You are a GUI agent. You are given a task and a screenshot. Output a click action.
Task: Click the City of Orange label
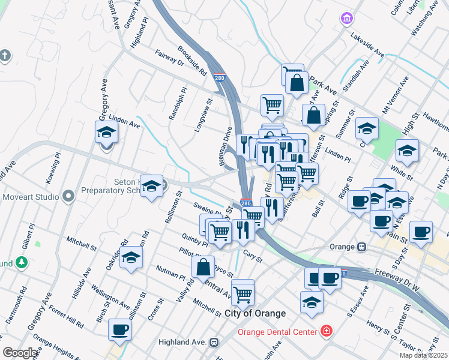pos(255,313)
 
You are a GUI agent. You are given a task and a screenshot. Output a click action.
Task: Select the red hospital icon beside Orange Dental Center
pos(326,331)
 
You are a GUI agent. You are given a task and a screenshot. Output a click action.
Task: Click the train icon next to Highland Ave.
pos(213,342)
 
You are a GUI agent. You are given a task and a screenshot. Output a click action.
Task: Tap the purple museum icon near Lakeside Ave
pos(347,19)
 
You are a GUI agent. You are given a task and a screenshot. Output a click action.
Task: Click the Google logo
pos(20,353)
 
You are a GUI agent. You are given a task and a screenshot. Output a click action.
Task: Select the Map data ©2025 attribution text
pos(424,355)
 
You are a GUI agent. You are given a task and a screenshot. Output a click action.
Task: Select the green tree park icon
pos(22,262)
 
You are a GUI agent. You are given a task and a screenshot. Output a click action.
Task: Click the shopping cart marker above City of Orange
pos(243,292)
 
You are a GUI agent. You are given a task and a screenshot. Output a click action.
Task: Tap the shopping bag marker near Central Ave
pos(203,267)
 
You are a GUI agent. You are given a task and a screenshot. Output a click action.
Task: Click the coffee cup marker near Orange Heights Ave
pos(119,329)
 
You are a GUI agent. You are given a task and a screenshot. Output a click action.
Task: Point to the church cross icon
pos(5,56)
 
